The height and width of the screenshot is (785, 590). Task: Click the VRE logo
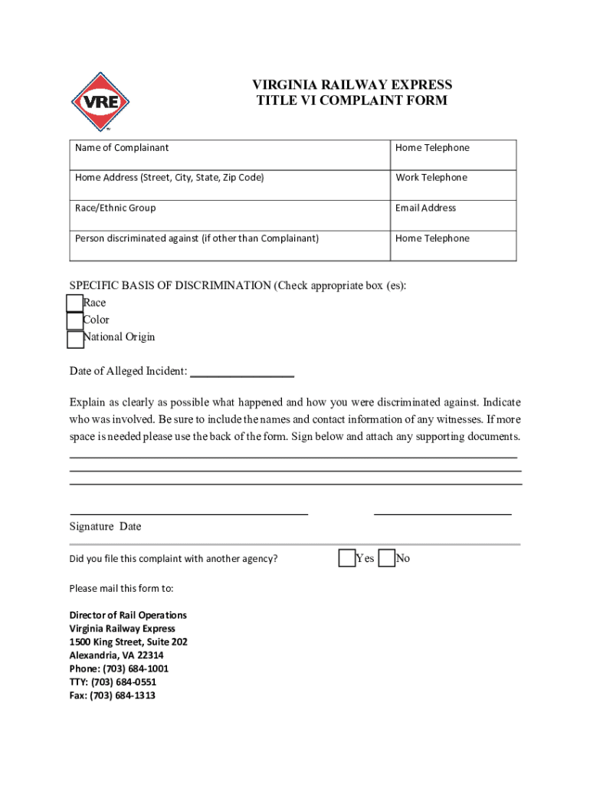coord(100,102)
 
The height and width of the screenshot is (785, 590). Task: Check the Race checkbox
coord(74,304)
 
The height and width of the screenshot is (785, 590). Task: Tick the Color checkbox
coord(74,321)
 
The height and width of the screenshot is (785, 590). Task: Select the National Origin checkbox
coord(74,339)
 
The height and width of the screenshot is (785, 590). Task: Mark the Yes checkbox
coord(347,558)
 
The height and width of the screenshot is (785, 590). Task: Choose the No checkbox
coord(387,558)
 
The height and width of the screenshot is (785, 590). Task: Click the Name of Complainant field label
coord(122,147)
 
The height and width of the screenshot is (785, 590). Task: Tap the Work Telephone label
coord(431,177)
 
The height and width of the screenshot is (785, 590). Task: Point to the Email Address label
coord(425,208)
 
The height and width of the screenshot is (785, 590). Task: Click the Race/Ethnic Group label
coord(115,208)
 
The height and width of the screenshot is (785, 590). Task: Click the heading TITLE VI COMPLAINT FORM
coord(352,100)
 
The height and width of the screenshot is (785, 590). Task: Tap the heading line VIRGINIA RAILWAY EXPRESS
coord(352,84)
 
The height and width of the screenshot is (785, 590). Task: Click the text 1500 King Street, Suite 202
coord(128,642)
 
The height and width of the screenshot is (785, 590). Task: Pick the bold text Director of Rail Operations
coord(128,615)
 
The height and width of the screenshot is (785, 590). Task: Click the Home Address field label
coord(169,177)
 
